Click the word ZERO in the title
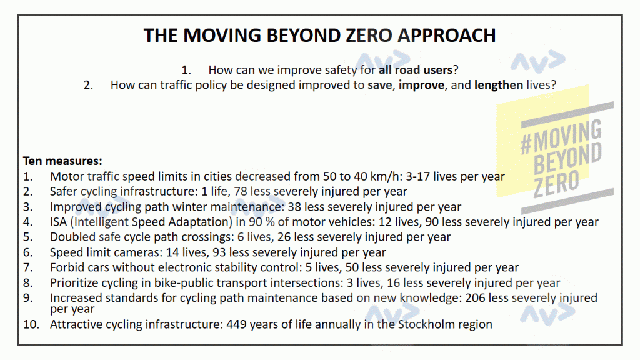369,36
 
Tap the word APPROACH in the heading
446,36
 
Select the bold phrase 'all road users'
416,70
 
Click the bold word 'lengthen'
498,85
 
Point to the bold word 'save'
379,85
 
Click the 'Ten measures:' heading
62,161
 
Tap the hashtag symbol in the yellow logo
526,145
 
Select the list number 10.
31,324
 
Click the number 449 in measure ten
236,324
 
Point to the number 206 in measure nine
475,298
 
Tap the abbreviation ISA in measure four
58,222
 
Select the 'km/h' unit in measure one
372,176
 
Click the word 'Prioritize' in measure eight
74,283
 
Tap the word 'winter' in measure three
182,207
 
